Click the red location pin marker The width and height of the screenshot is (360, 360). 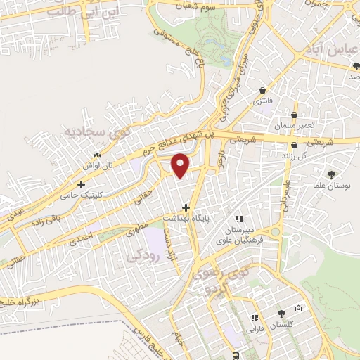point(181,165)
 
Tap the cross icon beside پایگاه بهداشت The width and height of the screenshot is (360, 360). point(186,207)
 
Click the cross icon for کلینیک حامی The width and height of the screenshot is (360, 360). point(82,184)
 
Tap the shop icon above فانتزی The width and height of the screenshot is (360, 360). point(262,91)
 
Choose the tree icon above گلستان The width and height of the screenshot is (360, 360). point(282,314)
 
